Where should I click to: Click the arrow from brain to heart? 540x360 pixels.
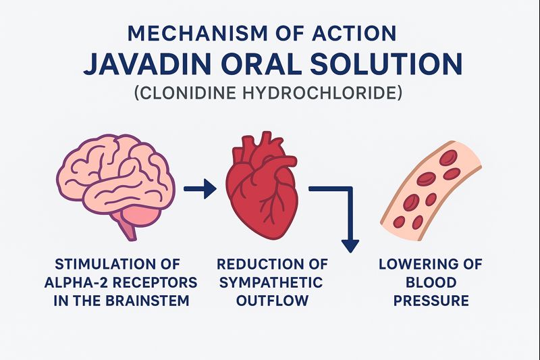[200, 188]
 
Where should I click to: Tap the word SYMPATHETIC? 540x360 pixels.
[269, 281]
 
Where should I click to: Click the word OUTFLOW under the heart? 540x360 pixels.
[269, 299]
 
